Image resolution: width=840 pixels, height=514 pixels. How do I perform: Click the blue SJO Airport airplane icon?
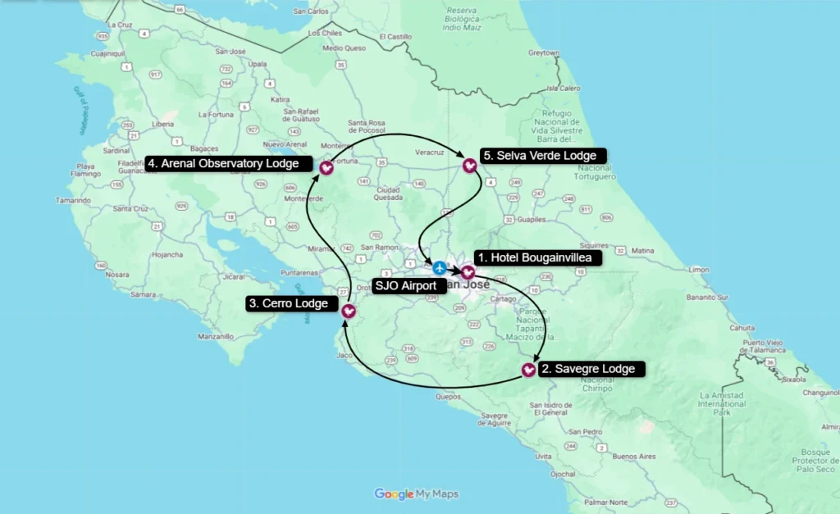(440, 268)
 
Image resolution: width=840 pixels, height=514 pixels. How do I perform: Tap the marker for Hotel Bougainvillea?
(468, 271)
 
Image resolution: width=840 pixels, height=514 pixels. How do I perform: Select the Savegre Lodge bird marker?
(529, 371)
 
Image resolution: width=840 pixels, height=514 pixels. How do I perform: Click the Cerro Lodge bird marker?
(349, 312)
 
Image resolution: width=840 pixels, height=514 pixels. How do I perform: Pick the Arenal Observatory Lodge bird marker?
(326, 167)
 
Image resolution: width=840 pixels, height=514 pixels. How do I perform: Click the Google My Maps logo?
(417, 494)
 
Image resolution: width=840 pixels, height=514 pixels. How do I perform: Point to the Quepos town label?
(450, 396)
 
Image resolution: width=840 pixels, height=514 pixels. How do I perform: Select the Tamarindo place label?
(74, 200)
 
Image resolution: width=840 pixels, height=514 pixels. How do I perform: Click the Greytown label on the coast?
(543, 52)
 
